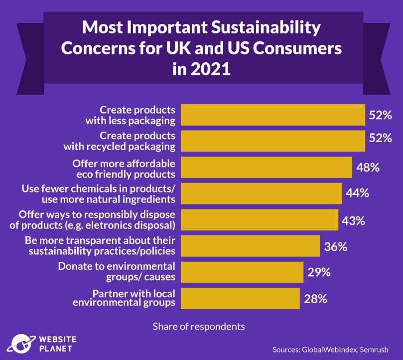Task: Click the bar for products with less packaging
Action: click(272, 115)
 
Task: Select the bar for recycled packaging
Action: click(272, 141)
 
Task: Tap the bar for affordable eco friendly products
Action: click(266, 168)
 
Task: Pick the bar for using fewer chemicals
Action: click(261, 193)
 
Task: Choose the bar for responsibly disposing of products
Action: click(259, 220)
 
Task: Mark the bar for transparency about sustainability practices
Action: click(250, 246)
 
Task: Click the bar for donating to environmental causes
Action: click(242, 272)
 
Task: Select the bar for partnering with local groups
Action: click(240, 299)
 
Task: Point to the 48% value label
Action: click(368, 168)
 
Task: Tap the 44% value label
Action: click(357, 193)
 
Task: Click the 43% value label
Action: click(353, 220)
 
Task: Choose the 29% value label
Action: click(318, 272)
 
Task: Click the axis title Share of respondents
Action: click(199, 327)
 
